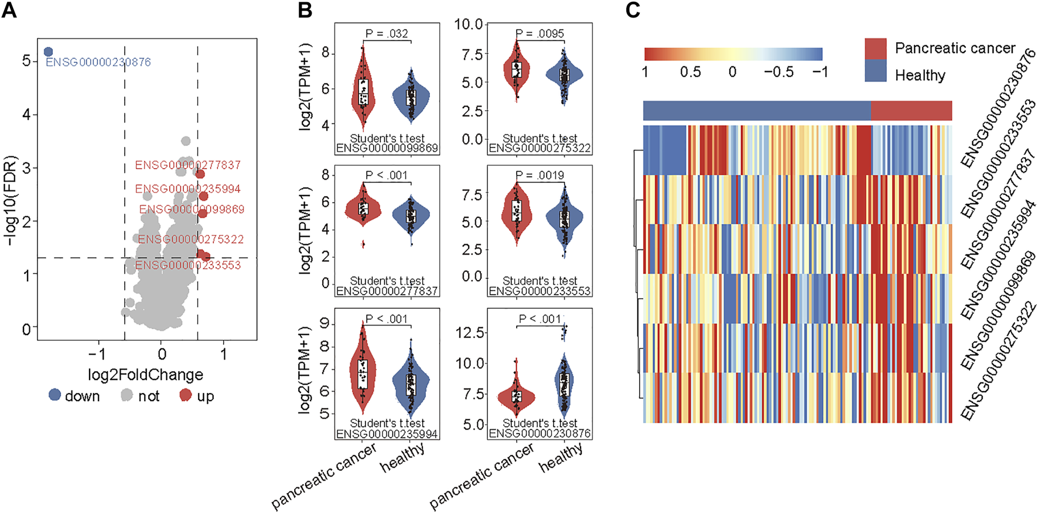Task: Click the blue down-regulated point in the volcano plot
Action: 49,52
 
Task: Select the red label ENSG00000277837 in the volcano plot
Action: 187,165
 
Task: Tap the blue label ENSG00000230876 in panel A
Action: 98,62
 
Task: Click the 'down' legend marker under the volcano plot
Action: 55,395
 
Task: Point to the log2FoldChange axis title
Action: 145,374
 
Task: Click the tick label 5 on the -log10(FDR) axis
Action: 26,61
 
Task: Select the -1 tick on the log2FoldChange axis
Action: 97,354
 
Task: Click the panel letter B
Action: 305,11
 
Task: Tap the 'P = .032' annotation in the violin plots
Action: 387,33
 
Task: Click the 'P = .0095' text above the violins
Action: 540,33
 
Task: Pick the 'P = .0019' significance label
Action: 540,175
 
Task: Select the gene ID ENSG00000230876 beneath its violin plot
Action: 540,433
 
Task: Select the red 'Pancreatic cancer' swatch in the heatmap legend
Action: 876,49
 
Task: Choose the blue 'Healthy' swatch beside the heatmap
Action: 876,75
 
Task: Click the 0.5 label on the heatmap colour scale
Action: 690,72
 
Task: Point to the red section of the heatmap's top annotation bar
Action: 911,111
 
